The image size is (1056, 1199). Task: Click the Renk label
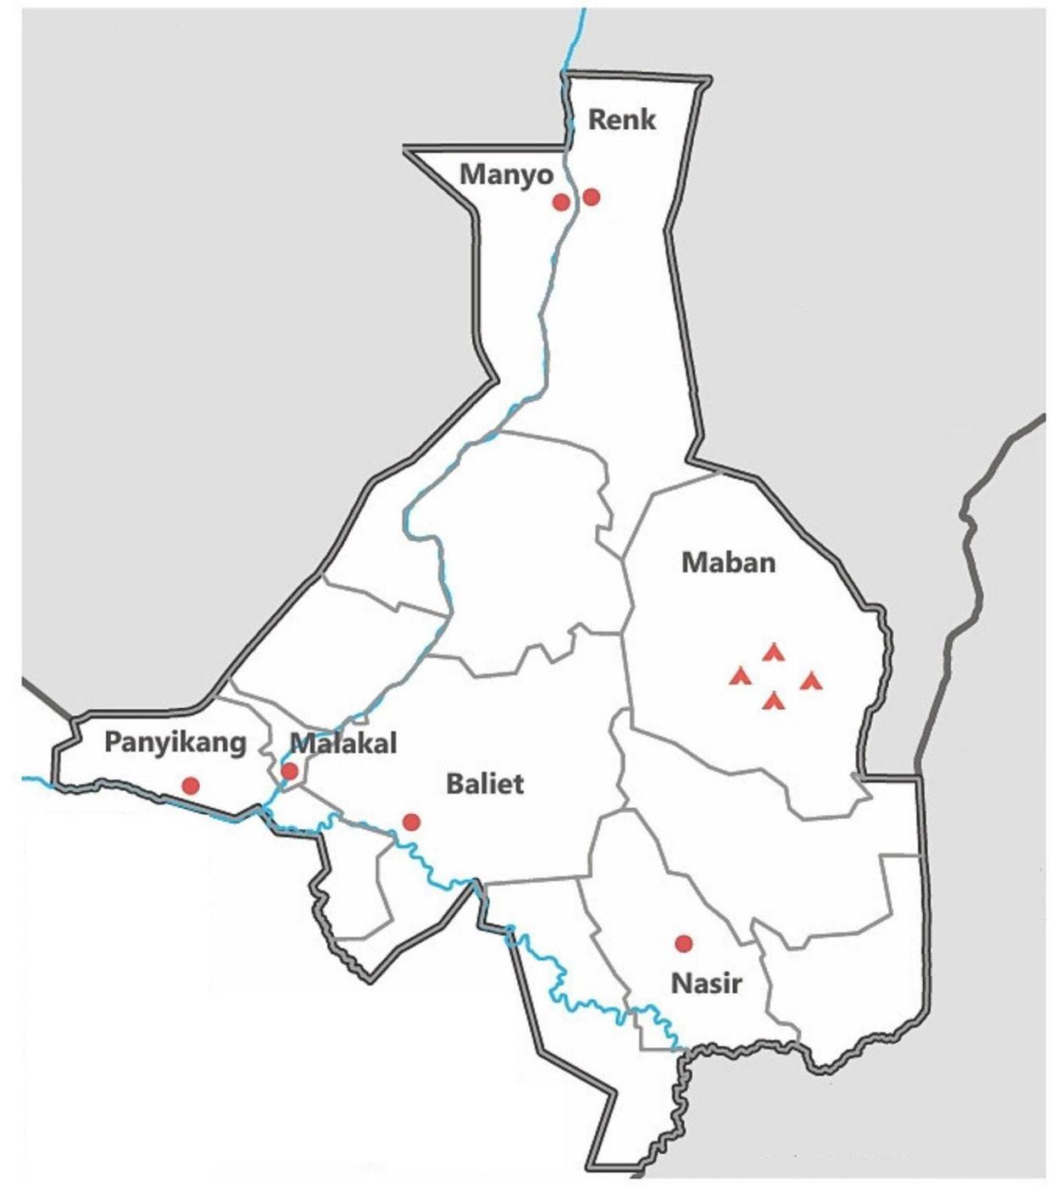(x=621, y=120)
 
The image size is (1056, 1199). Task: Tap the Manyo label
(x=506, y=175)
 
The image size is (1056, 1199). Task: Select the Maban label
(x=728, y=562)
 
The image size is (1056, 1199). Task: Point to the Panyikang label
(x=175, y=742)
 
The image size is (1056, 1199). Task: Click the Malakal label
(x=343, y=744)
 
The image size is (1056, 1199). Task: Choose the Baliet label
(x=485, y=784)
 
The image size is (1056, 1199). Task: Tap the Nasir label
(x=706, y=984)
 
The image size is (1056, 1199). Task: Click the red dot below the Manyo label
(x=560, y=202)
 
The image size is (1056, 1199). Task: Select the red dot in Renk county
(x=592, y=197)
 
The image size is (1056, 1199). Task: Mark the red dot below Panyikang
(x=191, y=785)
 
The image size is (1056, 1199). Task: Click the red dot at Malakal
(x=289, y=771)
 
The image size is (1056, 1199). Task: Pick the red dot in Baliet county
(x=411, y=821)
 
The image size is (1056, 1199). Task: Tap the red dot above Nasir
(x=683, y=943)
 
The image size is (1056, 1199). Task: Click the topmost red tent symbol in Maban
(x=773, y=652)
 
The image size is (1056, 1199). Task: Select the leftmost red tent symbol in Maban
(x=740, y=676)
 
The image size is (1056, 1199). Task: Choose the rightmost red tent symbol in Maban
(x=811, y=680)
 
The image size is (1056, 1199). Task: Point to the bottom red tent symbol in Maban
(x=773, y=700)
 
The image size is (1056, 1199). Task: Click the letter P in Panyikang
(x=112, y=742)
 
